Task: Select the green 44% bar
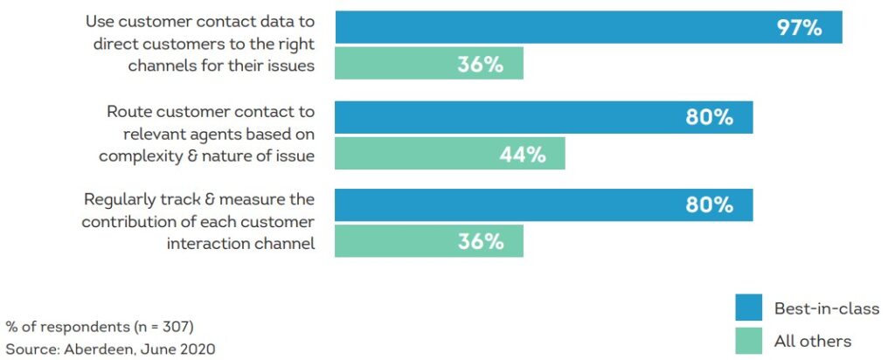pyautogui.click(x=450, y=154)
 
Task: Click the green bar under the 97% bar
pyautogui.click(x=429, y=64)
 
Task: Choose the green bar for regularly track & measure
pyautogui.click(x=429, y=241)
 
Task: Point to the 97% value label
pyautogui.click(x=799, y=28)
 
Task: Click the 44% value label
pyautogui.click(x=522, y=155)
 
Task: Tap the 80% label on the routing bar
pyautogui.click(x=709, y=117)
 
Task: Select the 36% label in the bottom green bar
pyautogui.click(x=480, y=242)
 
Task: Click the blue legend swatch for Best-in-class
pyautogui.click(x=749, y=308)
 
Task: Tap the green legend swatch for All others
pyautogui.click(x=749, y=340)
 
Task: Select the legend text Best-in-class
pyautogui.click(x=827, y=308)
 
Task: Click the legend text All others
pyautogui.click(x=813, y=341)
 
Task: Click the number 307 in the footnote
pyautogui.click(x=174, y=327)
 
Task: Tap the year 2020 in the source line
pyautogui.click(x=197, y=349)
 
